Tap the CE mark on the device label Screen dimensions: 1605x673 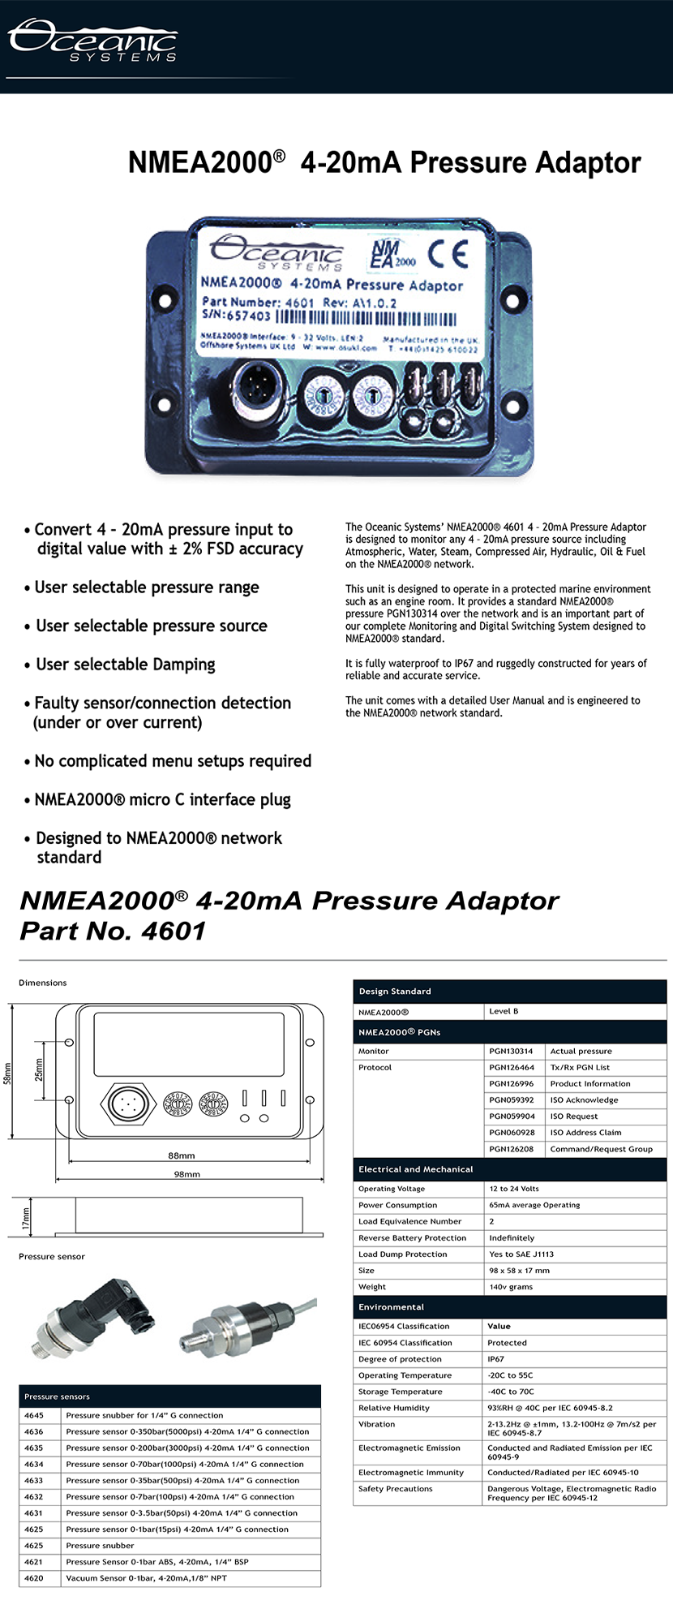click(x=448, y=254)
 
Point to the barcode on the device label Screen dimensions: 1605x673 click(x=366, y=317)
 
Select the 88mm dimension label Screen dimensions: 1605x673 click(x=182, y=1155)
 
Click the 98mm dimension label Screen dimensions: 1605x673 click(x=186, y=1174)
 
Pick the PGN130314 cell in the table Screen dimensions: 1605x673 click(x=511, y=1051)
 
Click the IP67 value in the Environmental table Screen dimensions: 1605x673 click(x=495, y=1359)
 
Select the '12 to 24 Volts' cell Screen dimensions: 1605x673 click(x=514, y=1189)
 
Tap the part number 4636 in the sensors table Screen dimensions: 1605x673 click(x=34, y=1431)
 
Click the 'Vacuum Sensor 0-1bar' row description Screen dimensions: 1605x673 click(x=146, y=1578)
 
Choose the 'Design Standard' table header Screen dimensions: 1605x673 click(x=395, y=992)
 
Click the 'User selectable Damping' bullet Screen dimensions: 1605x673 click(x=126, y=665)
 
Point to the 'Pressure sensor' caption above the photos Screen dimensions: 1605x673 click(x=52, y=1256)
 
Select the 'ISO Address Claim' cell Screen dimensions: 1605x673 click(x=585, y=1132)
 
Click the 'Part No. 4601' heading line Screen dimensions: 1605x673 click(x=114, y=931)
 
